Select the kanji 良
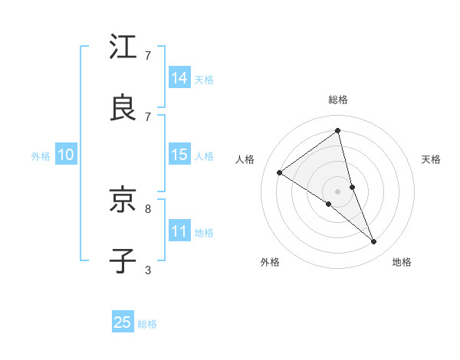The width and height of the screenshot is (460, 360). [123, 107]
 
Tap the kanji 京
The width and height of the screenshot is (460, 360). [123, 201]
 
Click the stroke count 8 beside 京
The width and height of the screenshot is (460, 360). [148, 208]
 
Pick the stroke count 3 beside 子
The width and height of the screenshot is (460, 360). [148, 270]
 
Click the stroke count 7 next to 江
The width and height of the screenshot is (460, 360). [148, 55]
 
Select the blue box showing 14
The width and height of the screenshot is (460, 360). [179, 78]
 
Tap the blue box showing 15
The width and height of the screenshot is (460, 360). [179, 155]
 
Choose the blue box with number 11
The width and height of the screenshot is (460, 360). [179, 231]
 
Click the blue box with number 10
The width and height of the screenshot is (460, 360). [66, 155]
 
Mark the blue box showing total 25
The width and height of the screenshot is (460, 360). [123, 322]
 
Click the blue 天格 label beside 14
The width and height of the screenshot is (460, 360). [204, 79]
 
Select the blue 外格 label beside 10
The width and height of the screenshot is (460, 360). [41, 155]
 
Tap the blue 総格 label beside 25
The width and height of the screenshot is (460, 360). [147, 324]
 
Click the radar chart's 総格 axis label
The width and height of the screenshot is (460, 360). [338, 100]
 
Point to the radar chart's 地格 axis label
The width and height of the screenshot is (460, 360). [402, 262]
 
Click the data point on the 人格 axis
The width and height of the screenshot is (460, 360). [280, 172]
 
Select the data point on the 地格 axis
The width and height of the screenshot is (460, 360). [374, 241]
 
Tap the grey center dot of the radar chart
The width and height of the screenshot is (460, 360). [338, 191]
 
